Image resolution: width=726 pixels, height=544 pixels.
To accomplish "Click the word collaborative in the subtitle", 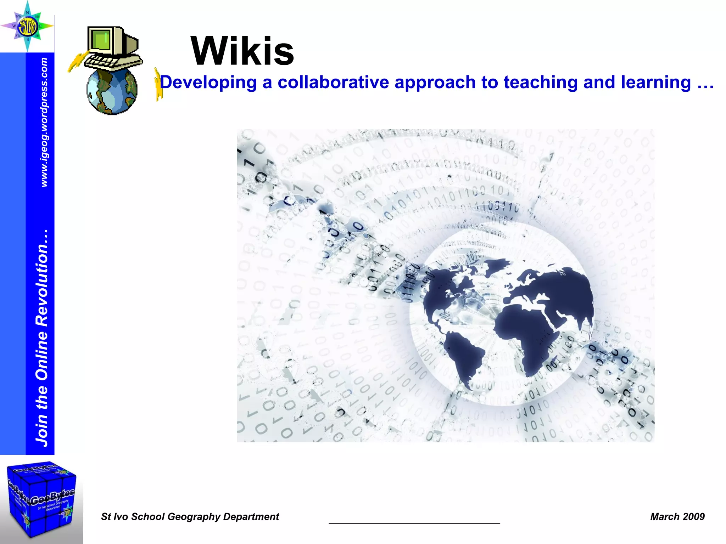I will tap(334, 83).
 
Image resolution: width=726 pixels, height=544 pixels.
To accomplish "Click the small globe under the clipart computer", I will tap(112, 91).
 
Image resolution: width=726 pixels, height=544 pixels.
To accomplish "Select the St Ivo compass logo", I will tap(27, 26).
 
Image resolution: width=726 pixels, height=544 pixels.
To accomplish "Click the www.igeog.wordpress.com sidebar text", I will tap(44, 122).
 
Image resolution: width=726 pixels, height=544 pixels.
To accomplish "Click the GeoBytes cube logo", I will tap(41, 499).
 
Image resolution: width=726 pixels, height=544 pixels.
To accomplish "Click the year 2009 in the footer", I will tap(694, 517).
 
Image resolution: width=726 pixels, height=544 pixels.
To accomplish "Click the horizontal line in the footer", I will tap(414, 523).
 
